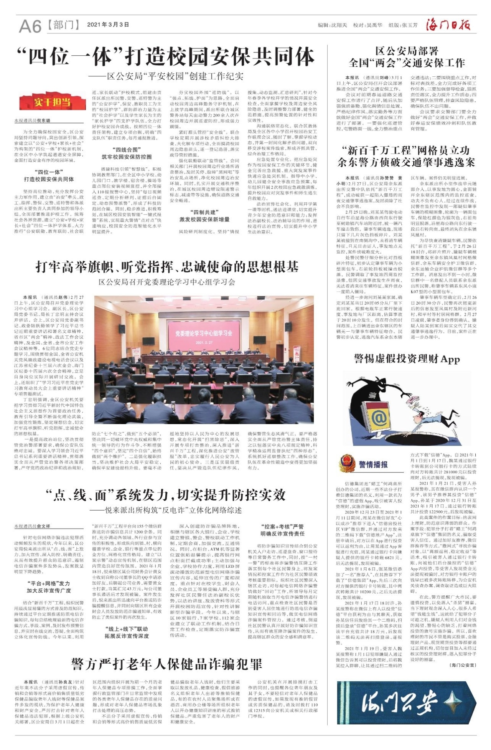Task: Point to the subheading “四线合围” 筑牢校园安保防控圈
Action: pos(127,153)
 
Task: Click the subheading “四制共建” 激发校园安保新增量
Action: pos(204,216)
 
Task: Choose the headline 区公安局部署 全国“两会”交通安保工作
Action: pos(407,57)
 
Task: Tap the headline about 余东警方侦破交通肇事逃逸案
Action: pos(406,156)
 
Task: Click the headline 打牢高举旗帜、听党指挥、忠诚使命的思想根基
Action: pos(167,266)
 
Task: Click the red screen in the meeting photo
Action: pos(204,334)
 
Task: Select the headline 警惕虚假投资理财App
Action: pos(407,359)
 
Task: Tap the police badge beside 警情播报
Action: pos(346,464)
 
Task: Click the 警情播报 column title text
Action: pos(373,464)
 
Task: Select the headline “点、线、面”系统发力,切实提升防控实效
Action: pos(165,496)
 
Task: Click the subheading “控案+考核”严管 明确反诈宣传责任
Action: pos(282,530)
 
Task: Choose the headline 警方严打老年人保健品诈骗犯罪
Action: pos(167,664)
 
